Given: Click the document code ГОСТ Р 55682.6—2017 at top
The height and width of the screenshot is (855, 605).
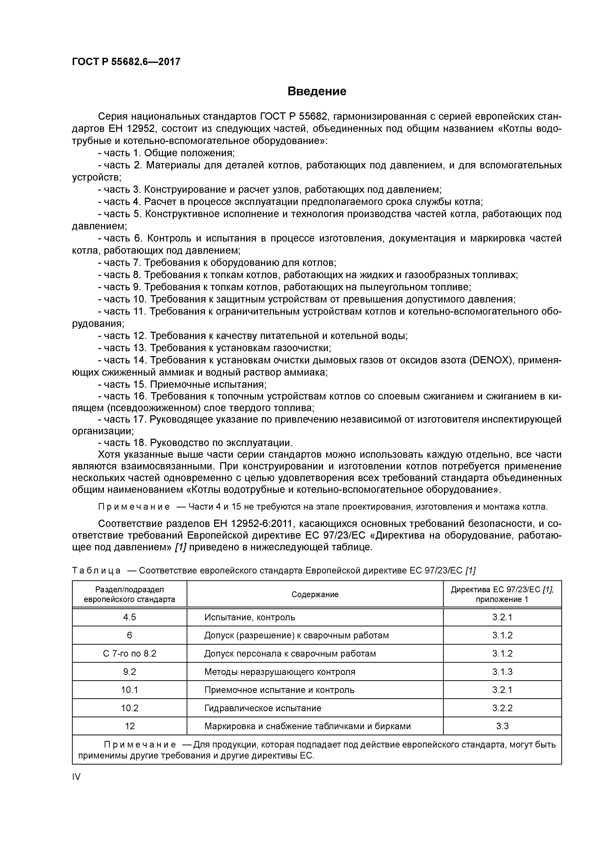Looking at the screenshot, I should point(126,62).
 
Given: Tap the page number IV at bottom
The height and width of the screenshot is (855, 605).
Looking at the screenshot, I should point(76,777).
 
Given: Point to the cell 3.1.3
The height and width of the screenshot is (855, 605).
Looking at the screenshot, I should point(502,672).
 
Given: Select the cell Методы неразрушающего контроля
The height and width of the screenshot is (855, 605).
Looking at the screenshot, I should point(280,672).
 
